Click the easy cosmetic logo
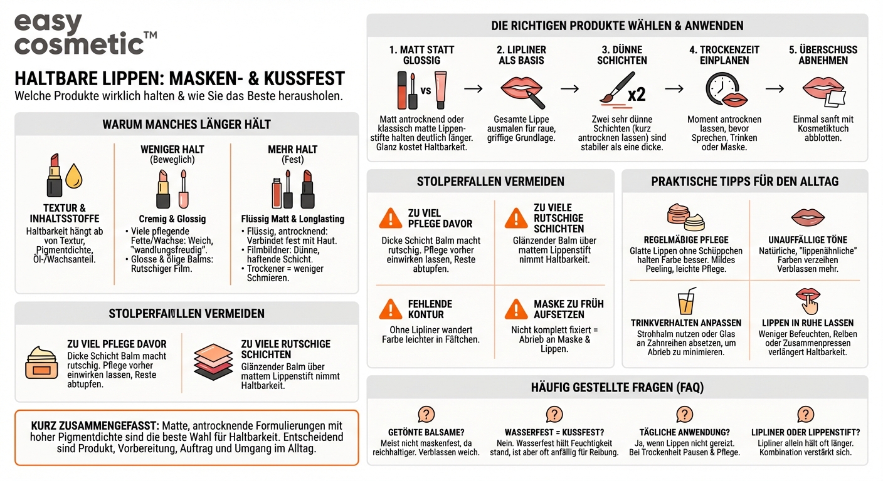(85, 34)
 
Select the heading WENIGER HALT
(172, 149)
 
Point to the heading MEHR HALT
(293, 149)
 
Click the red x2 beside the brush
(636, 94)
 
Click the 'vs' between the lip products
(426, 90)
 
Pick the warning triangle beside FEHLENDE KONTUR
(390, 309)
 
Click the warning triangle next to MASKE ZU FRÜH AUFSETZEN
(516, 309)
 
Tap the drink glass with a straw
(687, 302)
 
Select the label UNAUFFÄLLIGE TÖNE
(808, 240)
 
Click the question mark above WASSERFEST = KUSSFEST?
(554, 414)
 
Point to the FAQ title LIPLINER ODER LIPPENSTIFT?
(805, 432)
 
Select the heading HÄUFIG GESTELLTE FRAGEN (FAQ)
(617, 388)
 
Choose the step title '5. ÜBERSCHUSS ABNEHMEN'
(823, 55)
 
